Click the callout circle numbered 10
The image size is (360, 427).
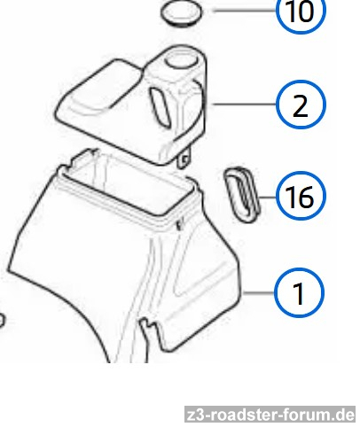click(301, 11)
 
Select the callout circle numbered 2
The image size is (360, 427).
click(301, 105)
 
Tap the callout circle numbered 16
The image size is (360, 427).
click(301, 196)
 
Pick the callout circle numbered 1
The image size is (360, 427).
click(299, 292)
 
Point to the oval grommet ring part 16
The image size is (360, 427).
click(242, 195)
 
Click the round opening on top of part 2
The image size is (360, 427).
click(180, 60)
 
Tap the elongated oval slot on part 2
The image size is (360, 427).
click(160, 108)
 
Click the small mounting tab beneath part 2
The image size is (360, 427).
click(184, 159)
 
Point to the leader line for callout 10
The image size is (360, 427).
click(245, 11)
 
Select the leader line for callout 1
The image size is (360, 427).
click(258, 292)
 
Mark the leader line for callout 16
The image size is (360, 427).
click(268, 197)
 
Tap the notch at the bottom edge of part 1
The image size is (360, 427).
click(149, 326)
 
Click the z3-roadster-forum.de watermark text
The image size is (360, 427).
click(270, 415)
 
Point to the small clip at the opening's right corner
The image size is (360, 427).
click(179, 225)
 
